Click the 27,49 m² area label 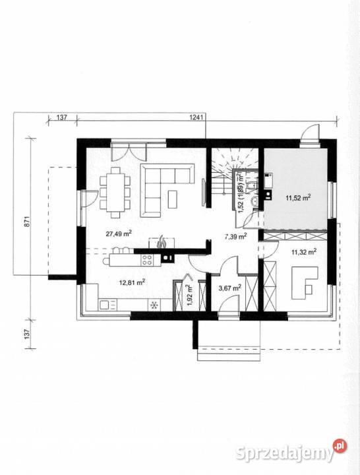click(119, 233)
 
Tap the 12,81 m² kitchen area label click(131, 283)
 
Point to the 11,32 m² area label click(304, 251)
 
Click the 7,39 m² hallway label click(235, 236)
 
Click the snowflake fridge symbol click(154, 305)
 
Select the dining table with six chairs click(116, 191)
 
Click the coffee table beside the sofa click(173, 198)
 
